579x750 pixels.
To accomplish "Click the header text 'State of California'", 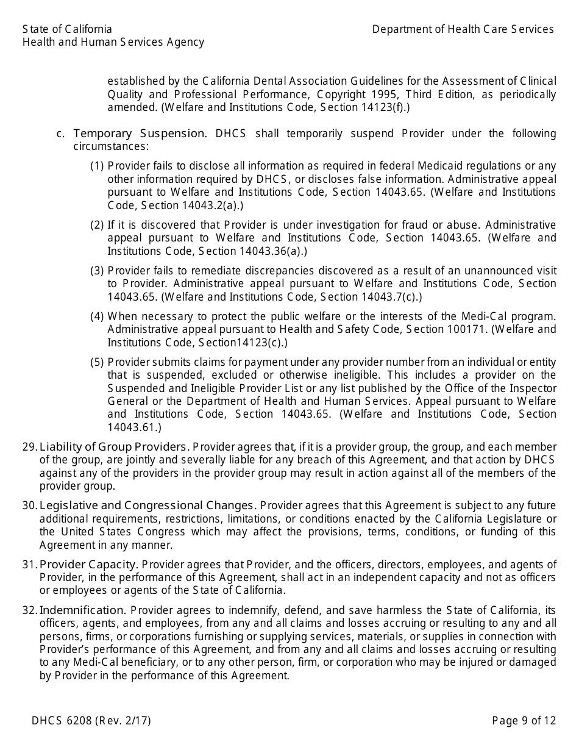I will (x=67, y=29).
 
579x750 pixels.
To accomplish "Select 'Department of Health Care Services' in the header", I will (x=463, y=29).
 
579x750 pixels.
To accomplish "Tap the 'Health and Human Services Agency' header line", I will (x=113, y=42).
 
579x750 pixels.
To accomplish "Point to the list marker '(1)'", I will (x=97, y=166).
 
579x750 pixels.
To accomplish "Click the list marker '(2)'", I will (x=97, y=225).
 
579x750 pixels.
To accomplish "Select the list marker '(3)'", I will (x=97, y=271).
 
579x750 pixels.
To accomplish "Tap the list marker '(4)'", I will (x=97, y=316).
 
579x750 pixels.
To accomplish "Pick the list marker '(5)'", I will (x=97, y=362).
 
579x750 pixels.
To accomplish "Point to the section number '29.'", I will (x=30, y=447).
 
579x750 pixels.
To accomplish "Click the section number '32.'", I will (x=30, y=610).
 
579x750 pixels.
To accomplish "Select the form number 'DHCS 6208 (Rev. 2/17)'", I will (x=91, y=721).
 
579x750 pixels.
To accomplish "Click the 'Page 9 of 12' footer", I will (x=524, y=721).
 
